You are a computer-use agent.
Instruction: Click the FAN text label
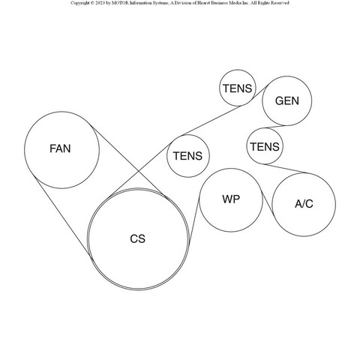60,148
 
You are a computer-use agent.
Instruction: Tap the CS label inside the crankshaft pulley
137,238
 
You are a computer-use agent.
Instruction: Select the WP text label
231,199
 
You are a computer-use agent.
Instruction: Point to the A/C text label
304,204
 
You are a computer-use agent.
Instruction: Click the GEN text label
287,100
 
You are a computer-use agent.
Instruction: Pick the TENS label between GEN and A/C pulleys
265,147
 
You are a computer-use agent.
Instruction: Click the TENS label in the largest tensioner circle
187,156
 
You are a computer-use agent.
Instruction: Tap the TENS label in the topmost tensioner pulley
238,88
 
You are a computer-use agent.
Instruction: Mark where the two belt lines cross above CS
139,171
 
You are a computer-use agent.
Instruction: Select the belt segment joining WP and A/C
268,203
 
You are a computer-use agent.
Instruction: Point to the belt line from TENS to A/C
285,169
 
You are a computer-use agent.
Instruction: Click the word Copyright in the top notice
79,3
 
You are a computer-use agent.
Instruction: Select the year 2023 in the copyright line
98,3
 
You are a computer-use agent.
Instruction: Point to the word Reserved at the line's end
281,3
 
